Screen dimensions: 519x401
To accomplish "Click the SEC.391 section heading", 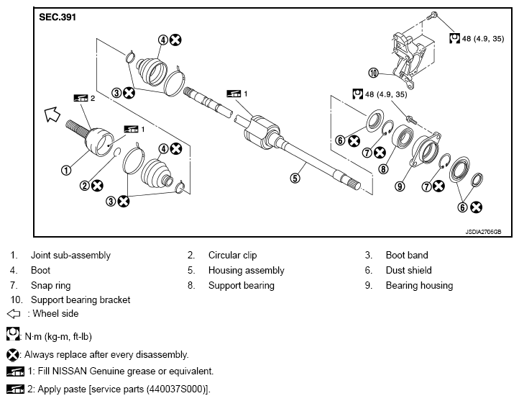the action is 58,17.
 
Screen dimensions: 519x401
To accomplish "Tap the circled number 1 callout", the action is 66,171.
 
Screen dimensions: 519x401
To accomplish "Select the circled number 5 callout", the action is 295,179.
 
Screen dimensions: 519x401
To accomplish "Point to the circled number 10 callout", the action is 373,73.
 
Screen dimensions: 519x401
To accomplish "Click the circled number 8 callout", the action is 383,169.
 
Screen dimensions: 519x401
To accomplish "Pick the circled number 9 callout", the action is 400,186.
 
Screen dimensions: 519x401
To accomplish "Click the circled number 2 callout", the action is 85,186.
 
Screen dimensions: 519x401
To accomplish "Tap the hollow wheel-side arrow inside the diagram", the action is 52,114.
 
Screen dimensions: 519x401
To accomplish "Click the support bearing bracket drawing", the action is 413,59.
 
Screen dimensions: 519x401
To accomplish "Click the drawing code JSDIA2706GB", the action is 483,232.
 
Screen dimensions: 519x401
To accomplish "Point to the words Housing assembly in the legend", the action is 247,271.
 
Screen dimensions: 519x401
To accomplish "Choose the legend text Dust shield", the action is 409,271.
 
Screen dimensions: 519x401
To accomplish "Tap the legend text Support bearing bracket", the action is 81,300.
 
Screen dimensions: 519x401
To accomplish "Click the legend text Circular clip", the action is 232,255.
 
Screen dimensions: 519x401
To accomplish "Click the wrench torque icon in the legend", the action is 12,334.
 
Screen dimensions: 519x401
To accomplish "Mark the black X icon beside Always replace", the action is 12,355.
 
